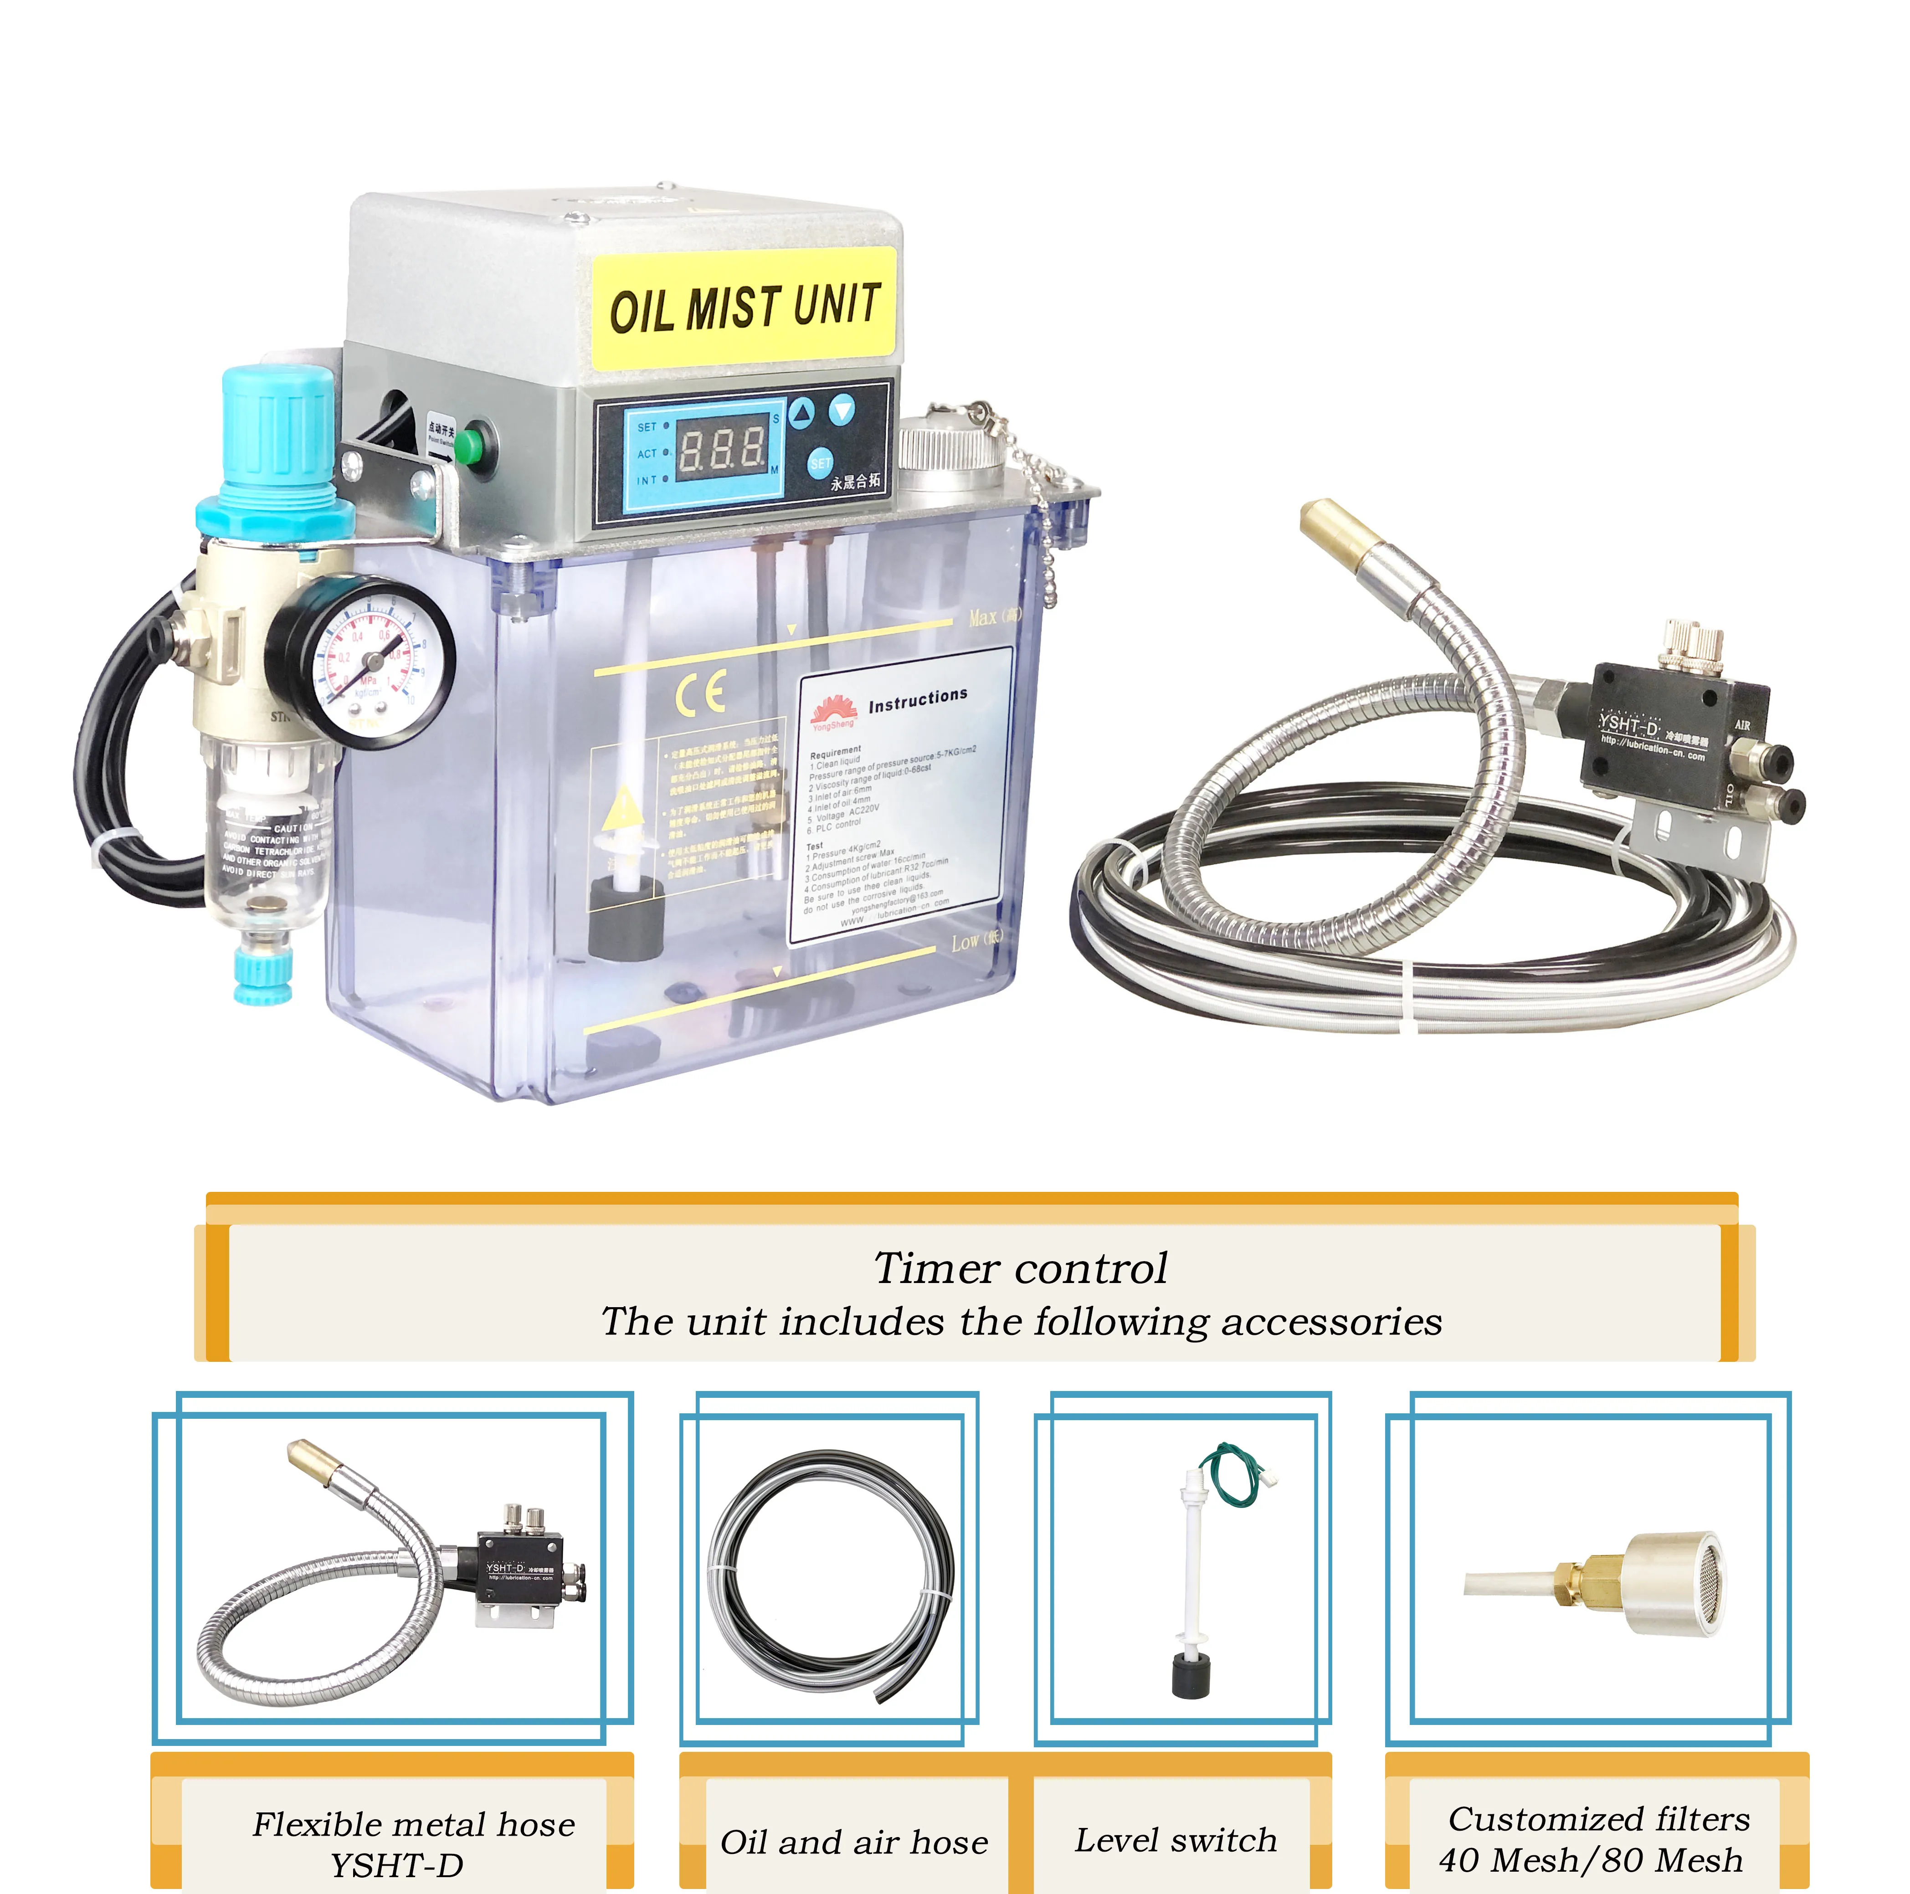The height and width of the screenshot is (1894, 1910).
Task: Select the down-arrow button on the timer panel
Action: [x=841, y=408]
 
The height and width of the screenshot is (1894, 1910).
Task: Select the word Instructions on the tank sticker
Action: [x=918, y=699]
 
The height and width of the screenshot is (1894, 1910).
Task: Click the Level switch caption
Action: [x=1176, y=1840]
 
